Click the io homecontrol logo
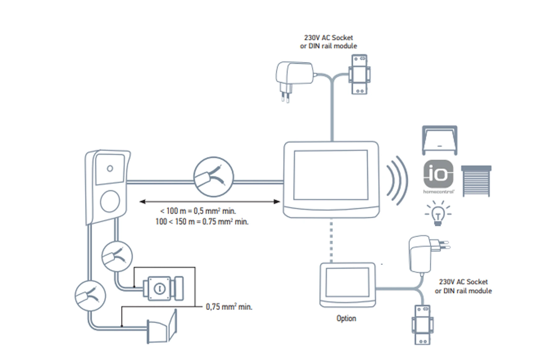tap(438, 174)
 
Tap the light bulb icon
tap(438, 214)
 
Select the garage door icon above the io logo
tap(440, 140)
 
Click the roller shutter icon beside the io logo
tap(476, 181)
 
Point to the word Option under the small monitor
tap(346, 318)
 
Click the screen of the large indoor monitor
tap(331, 175)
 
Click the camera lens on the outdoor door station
tap(110, 169)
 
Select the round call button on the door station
tap(110, 201)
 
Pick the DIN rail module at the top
tap(359, 74)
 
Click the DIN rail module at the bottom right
tap(422, 325)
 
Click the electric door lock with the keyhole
tap(161, 288)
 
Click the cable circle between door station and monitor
tap(214, 177)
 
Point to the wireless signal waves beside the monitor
tap(397, 180)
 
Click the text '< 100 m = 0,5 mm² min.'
tap(198, 211)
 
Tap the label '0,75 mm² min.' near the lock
tap(229, 307)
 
